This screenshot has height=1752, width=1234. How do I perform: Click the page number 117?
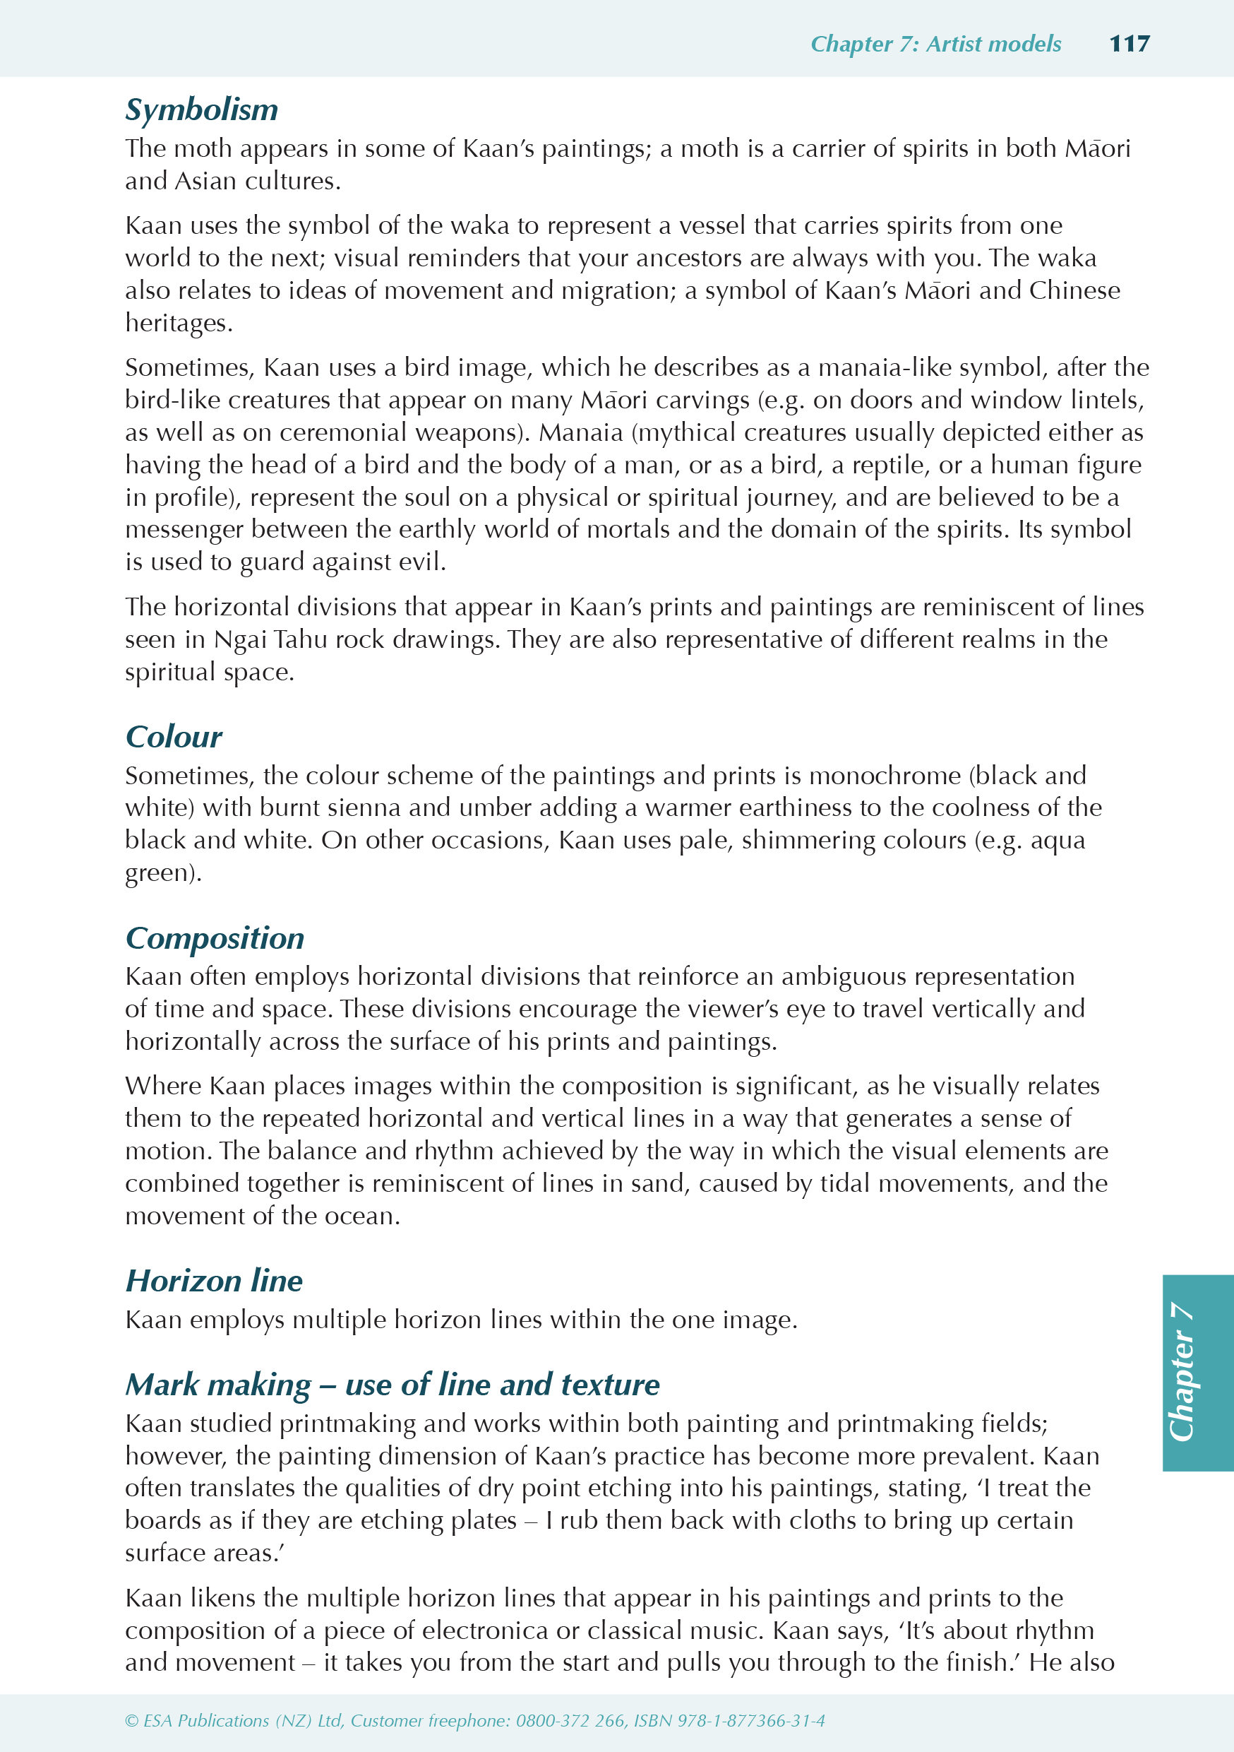pos(1129,44)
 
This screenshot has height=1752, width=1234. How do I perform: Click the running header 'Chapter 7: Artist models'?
pos(935,45)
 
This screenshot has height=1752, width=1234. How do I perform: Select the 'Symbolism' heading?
pos(201,110)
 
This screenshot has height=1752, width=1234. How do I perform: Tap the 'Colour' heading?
pos(173,737)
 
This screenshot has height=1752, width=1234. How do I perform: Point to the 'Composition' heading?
pos(215,937)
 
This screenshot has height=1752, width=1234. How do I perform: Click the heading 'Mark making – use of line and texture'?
pos(392,1384)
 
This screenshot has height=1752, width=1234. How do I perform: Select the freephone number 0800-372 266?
pos(570,1721)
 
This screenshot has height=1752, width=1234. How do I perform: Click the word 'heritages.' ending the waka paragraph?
pos(179,324)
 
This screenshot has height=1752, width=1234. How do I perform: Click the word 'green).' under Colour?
pos(163,873)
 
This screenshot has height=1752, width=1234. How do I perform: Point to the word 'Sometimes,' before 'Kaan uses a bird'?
pos(190,368)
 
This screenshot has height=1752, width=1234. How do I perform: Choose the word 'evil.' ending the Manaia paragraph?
pos(419,562)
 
